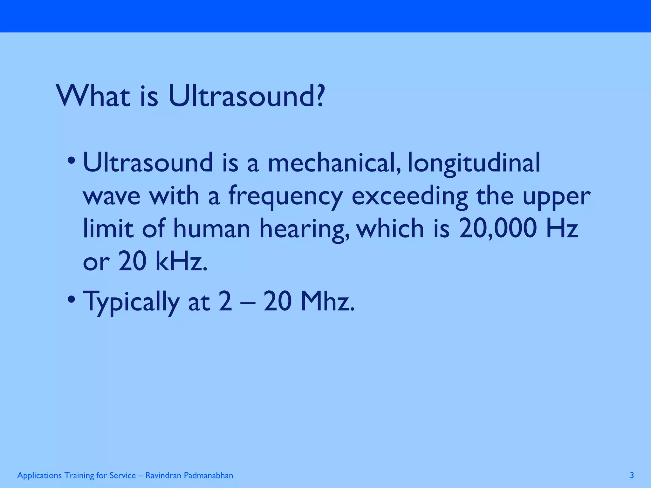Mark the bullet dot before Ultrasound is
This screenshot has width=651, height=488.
coord(72,160)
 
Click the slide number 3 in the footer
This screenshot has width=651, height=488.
coord(632,475)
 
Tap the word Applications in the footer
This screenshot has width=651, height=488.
coord(39,476)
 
